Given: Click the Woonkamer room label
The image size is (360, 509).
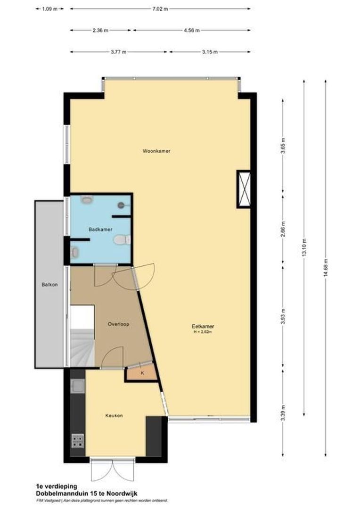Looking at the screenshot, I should tap(156, 151).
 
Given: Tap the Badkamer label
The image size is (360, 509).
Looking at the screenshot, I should tap(100, 229).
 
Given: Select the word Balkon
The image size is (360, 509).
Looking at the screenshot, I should tap(49, 284).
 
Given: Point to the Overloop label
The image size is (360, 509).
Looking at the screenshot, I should tap(118, 324).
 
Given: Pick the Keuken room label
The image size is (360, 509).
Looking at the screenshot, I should tap(114, 415).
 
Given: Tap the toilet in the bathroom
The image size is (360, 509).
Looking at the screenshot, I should tap(121, 240).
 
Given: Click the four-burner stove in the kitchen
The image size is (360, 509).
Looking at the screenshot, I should tap(78, 441).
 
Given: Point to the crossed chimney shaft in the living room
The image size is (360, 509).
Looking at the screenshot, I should tap(244, 189).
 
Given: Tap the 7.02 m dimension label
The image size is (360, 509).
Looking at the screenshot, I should tap(159, 8).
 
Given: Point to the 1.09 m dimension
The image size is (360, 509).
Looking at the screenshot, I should tap(49, 8).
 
